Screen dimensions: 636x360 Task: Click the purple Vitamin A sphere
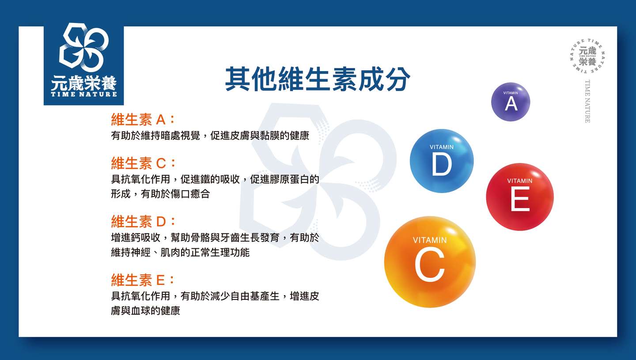click(x=511, y=102)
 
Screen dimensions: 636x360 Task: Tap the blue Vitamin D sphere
click(x=442, y=161)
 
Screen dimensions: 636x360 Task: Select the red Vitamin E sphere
click(x=520, y=197)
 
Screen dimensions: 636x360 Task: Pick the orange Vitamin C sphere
click(x=430, y=262)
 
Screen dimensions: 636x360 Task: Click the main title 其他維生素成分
click(x=318, y=79)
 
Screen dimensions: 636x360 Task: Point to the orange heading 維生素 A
click(x=143, y=119)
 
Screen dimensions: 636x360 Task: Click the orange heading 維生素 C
click(x=143, y=163)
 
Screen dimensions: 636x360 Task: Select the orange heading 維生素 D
click(x=143, y=221)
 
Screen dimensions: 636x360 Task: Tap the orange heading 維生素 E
click(x=143, y=280)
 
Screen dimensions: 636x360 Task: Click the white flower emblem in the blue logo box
click(x=83, y=47)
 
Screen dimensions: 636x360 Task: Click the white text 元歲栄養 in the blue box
click(x=84, y=83)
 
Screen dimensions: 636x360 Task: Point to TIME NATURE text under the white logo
click(x=84, y=94)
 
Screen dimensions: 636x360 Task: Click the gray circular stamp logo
click(x=587, y=56)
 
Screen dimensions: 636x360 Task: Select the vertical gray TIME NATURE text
click(x=587, y=101)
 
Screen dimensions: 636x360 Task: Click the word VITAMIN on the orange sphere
click(x=430, y=240)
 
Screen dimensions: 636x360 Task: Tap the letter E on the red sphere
click(x=520, y=199)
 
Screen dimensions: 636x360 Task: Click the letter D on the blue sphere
click(x=442, y=164)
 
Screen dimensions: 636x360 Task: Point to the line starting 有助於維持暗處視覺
click(x=210, y=136)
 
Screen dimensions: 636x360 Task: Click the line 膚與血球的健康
click(x=145, y=311)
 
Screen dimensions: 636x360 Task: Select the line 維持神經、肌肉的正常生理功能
click(x=180, y=252)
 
